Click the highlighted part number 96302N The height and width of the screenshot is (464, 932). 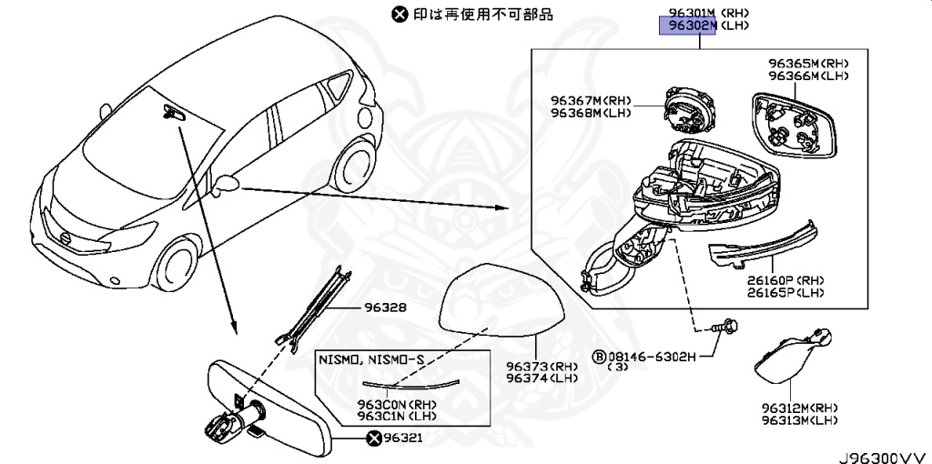coord(689,26)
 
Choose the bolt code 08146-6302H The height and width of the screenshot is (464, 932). coord(651,356)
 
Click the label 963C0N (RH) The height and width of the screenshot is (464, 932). coord(370,403)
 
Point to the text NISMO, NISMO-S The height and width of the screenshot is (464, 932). coord(370,359)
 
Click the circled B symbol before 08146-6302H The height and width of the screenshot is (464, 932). coord(599,356)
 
